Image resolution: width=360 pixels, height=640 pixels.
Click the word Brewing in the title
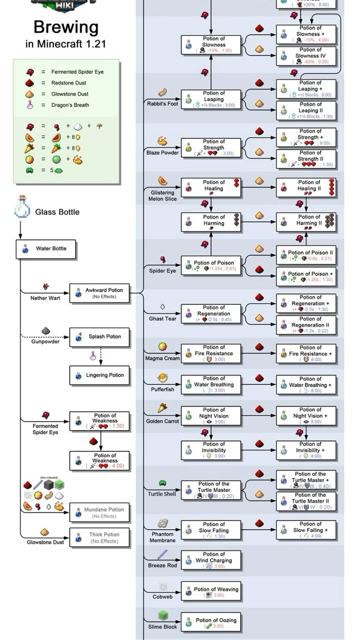(x=66, y=27)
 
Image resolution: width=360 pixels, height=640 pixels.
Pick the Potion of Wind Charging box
(x=211, y=560)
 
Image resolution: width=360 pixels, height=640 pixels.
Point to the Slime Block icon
(x=163, y=615)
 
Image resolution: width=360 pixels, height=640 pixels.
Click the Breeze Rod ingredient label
(x=163, y=566)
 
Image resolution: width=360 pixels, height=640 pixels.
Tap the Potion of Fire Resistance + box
(x=306, y=353)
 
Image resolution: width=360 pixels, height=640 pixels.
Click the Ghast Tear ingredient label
(x=163, y=319)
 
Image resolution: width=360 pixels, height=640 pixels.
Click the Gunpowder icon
(x=45, y=332)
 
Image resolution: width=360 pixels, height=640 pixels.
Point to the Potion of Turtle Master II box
(x=306, y=501)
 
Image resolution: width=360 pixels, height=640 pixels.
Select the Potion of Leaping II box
(x=306, y=110)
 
